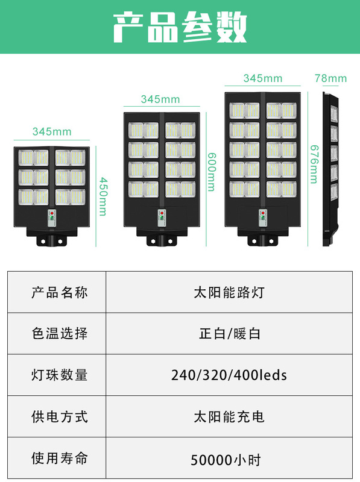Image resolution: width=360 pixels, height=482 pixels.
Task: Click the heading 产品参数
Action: [x=180, y=27]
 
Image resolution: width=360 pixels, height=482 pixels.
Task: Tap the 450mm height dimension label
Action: [x=103, y=196]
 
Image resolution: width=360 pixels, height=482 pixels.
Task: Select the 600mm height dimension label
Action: [x=212, y=172]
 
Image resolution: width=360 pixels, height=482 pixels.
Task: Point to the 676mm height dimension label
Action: [x=314, y=164]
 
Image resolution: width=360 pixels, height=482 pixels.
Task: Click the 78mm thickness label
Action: [x=330, y=78]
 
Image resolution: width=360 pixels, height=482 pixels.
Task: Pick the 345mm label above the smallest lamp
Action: [x=52, y=131]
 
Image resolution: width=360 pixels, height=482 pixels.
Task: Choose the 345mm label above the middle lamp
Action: [x=160, y=99]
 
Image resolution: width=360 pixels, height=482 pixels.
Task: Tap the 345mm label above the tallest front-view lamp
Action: [x=263, y=78]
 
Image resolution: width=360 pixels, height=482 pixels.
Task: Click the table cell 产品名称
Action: [x=59, y=292]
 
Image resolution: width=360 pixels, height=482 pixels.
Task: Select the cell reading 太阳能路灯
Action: [x=229, y=292]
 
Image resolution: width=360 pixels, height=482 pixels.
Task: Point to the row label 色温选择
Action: [x=59, y=334]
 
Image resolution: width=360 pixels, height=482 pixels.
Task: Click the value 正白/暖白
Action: [x=230, y=334]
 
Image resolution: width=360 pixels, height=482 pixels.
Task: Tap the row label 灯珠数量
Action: [x=59, y=375]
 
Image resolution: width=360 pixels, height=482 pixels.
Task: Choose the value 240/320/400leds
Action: [x=229, y=375]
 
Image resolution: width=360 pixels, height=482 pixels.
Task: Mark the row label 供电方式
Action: [x=59, y=417]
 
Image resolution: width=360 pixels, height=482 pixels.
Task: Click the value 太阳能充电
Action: [x=229, y=417]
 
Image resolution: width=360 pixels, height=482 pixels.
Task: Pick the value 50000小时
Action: [x=226, y=460]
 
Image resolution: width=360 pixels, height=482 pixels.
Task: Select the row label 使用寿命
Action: [x=59, y=458]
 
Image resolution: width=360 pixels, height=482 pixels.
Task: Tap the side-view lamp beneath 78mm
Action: [x=330, y=169]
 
